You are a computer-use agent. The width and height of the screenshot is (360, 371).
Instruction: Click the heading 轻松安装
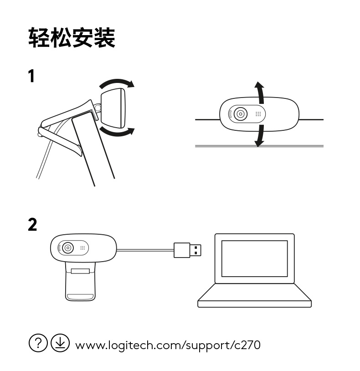pyautogui.click(x=72, y=38)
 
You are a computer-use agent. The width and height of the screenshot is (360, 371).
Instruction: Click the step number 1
pyautogui.click(x=31, y=77)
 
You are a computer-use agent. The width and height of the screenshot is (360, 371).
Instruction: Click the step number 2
pyautogui.click(x=32, y=225)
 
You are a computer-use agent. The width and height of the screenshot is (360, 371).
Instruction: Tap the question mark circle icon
pyautogui.click(x=38, y=343)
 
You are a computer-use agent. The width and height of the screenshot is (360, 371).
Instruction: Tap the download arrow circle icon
pyautogui.click(x=60, y=343)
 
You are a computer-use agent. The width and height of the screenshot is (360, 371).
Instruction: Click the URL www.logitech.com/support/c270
pyautogui.click(x=167, y=345)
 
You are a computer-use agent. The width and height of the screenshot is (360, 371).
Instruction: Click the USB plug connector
pyautogui.click(x=187, y=250)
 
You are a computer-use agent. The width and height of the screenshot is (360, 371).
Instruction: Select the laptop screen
pyautogui.click(x=254, y=258)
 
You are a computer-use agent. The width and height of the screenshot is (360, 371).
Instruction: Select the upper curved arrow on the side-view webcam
pyautogui.click(x=117, y=83)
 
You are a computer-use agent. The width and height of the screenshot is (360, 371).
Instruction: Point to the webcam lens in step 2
pyautogui.click(x=68, y=248)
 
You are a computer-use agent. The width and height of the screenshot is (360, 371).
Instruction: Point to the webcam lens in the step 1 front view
pyautogui.click(x=240, y=114)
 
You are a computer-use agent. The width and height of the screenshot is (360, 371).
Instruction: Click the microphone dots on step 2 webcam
pyautogui.click(x=82, y=248)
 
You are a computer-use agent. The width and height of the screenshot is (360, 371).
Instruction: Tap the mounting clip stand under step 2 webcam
pyautogui.click(x=80, y=283)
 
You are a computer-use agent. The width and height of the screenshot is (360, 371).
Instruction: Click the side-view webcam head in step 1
pyautogui.click(x=113, y=108)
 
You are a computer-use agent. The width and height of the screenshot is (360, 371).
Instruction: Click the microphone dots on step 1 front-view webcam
pyautogui.click(x=257, y=114)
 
